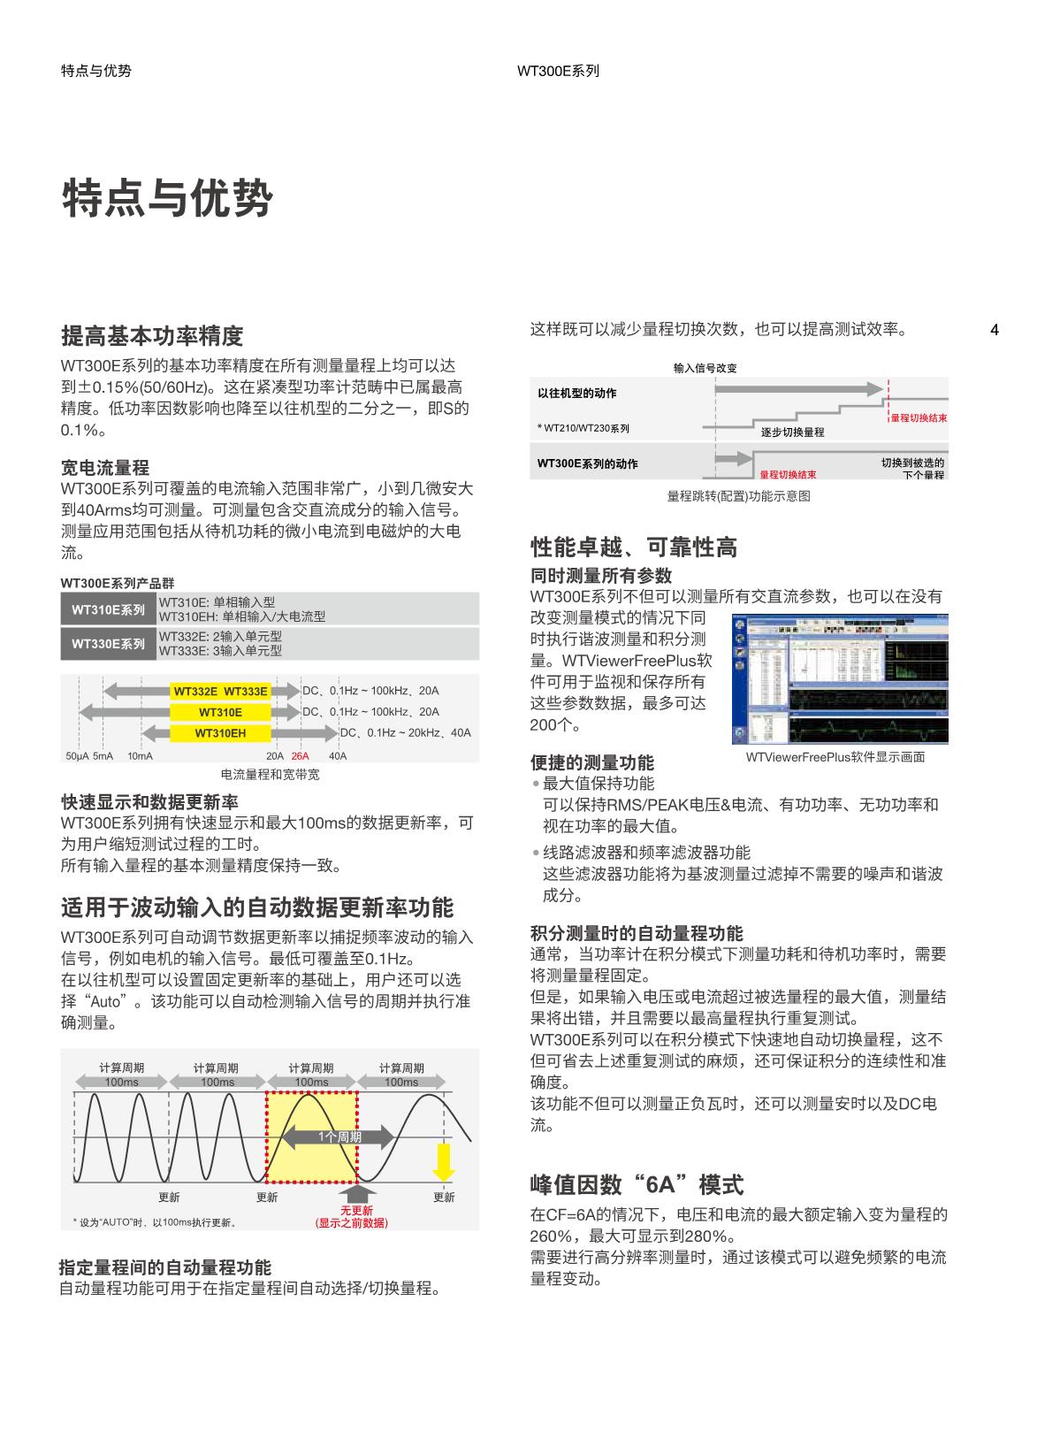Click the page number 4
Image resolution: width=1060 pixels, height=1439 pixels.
(x=995, y=331)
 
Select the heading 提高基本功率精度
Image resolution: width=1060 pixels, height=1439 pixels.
(x=152, y=336)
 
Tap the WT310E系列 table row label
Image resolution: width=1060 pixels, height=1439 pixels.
(x=108, y=609)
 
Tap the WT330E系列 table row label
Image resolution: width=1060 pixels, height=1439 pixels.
(x=108, y=644)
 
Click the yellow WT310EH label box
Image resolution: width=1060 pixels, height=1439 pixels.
(x=220, y=733)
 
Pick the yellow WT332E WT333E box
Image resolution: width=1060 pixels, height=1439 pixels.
(x=220, y=691)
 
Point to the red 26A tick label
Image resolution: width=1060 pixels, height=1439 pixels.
(x=300, y=756)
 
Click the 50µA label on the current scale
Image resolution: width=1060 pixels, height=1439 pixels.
(x=77, y=756)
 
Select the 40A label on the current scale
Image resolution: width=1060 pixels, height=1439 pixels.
(x=338, y=756)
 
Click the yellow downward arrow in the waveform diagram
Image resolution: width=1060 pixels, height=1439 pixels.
(x=443, y=1162)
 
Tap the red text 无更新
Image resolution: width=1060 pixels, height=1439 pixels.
(x=356, y=1211)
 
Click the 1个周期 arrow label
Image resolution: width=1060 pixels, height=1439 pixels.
(x=340, y=1137)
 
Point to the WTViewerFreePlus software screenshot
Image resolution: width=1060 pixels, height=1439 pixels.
(x=840, y=679)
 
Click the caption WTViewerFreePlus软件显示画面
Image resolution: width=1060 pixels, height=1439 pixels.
(x=835, y=757)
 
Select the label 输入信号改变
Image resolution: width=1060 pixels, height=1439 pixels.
(x=705, y=368)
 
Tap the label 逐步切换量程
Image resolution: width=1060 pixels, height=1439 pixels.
(x=792, y=432)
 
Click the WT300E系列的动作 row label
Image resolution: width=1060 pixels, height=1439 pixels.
(x=587, y=463)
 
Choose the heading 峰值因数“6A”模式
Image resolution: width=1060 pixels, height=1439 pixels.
(x=637, y=1184)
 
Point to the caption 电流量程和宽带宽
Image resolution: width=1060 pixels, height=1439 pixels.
(x=270, y=775)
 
